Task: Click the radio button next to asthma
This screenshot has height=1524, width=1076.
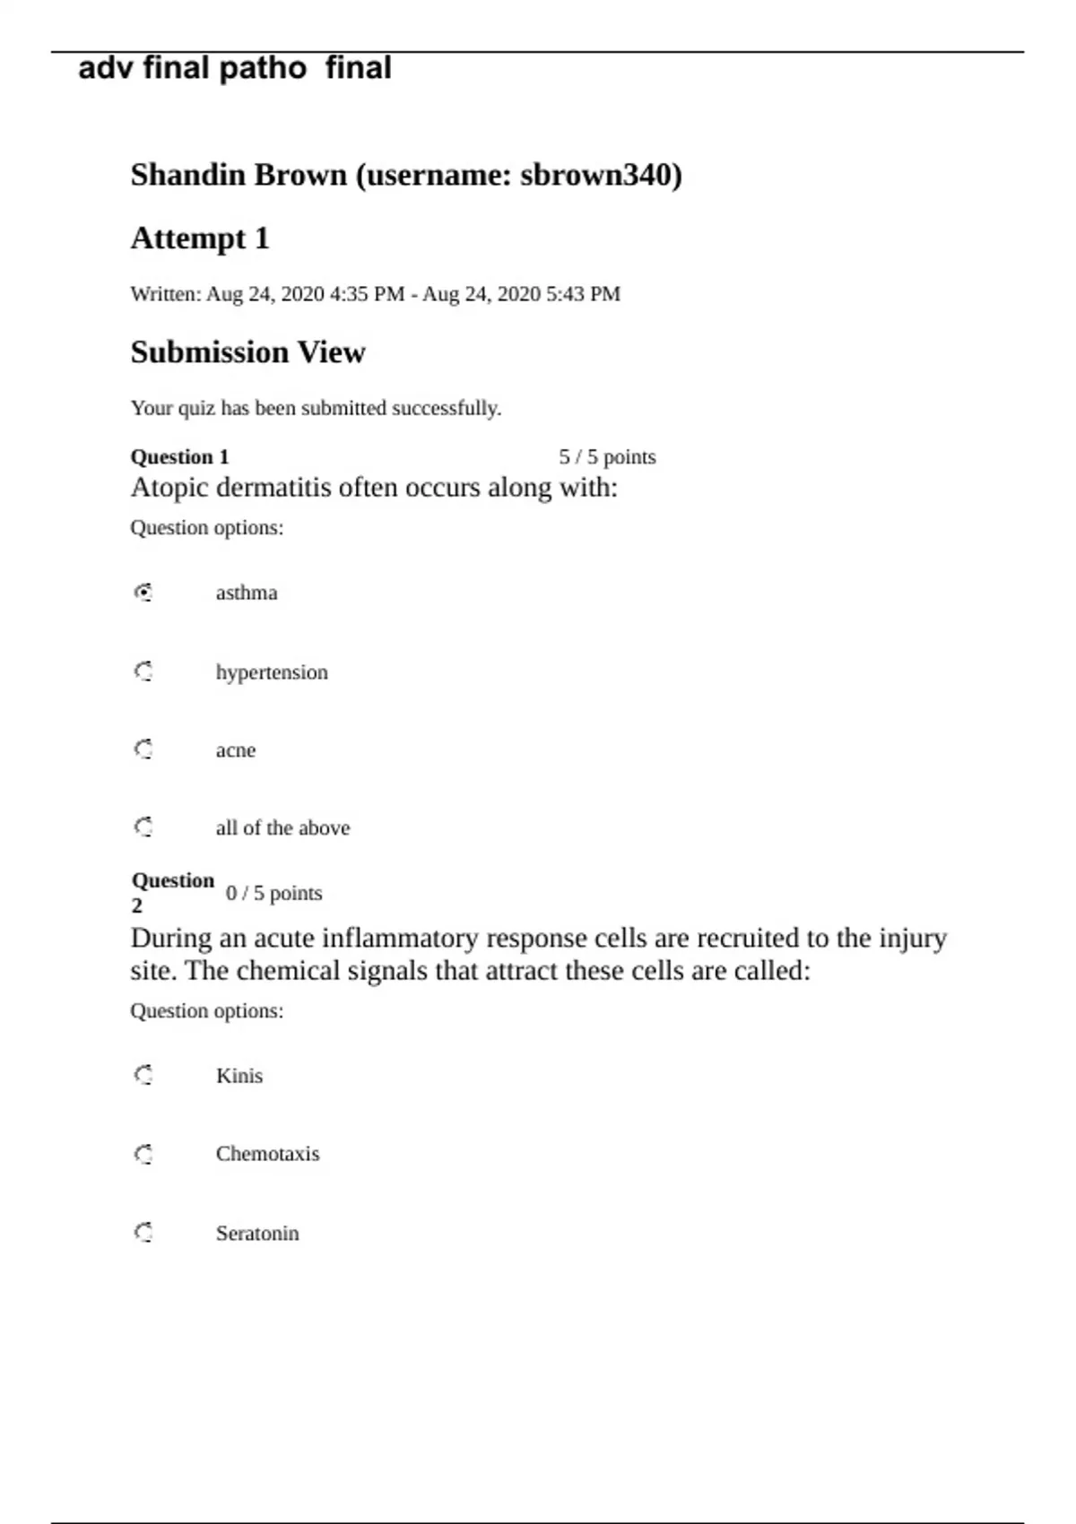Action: click(x=143, y=593)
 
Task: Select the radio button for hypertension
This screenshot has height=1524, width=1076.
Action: click(x=143, y=671)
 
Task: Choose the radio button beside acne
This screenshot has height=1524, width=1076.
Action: click(x=143, y=749)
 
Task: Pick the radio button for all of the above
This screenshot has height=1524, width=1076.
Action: click(x=143, y=827)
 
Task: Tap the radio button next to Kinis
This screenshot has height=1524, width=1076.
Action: click(x=143, y=1075)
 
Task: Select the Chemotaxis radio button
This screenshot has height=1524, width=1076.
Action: click(x=143, y=1154)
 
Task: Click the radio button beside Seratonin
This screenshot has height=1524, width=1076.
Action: click(x=143, y=1233)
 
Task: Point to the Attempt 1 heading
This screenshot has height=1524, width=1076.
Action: click(x=200, y=238)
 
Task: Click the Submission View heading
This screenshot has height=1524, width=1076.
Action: click(x=247, y=352)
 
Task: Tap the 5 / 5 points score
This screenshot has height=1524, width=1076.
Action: click(x=607, y=457)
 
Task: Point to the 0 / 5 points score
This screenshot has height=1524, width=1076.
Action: click(x=273, y=894)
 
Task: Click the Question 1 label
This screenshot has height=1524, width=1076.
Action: click(x=179, y=457)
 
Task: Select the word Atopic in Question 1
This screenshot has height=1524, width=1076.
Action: click(x=169, y=488)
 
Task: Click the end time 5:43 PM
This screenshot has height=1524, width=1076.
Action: click(x=583, y=294)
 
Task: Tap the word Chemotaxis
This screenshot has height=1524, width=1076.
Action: click(x=267, y=1154)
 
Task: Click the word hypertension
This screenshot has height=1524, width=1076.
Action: click(x=272, y=672)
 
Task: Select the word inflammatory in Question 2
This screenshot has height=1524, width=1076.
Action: click(x=400, y=939)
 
